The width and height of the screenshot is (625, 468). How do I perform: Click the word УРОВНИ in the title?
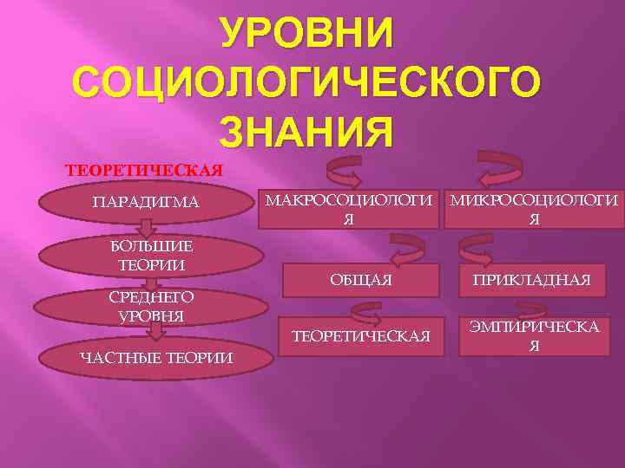pos(306,34)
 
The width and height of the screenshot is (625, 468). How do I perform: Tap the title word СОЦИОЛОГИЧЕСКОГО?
pos(306,83)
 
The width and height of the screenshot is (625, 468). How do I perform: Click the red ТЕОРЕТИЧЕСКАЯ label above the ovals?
pos(145,169)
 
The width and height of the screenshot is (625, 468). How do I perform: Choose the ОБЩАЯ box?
pos(360,280)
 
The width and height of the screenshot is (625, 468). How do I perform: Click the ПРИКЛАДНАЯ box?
pos(531,280)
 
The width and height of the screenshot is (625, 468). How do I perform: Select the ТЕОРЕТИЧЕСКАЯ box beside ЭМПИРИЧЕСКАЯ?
pos(360,335)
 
